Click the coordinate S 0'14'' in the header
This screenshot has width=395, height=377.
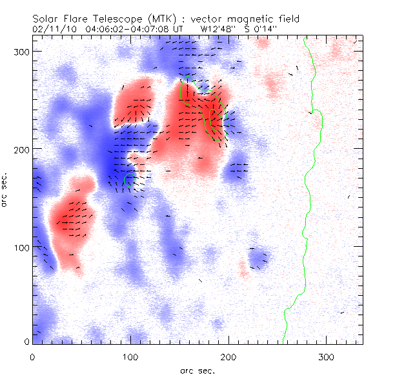[x=264, y=29]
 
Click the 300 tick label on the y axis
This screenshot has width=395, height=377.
[x=21, y=51]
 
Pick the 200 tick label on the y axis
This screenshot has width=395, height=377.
[x=21, y=149]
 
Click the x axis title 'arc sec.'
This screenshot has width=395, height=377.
[x=197, y=371]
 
